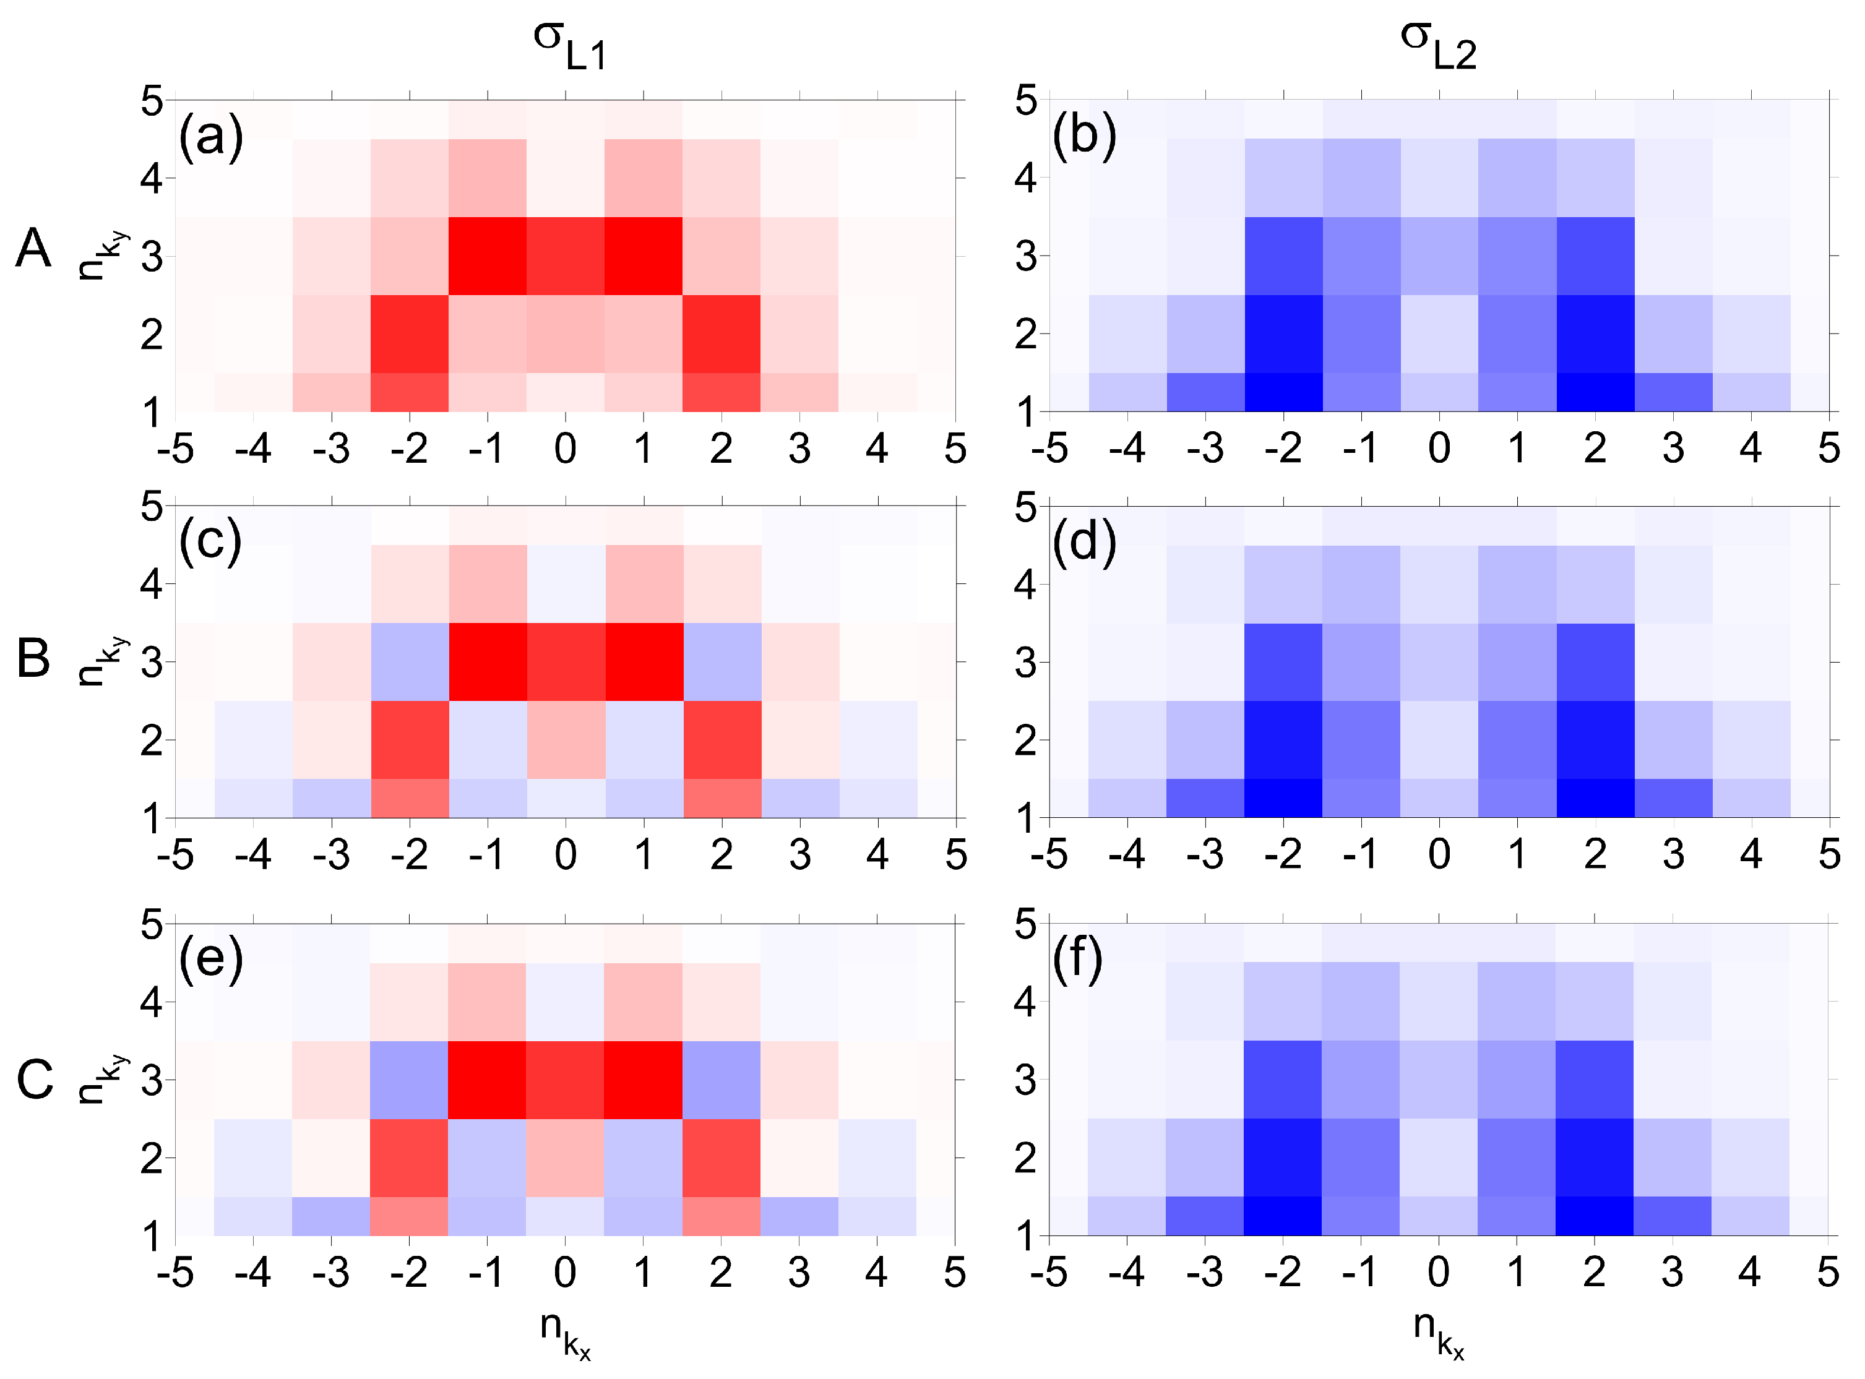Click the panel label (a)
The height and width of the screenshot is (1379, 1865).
click(210, 135)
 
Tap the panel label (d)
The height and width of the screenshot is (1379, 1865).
click(1083, 543)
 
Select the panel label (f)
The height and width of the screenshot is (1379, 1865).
click(1077, 960)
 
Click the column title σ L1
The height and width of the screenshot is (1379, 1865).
click(570, 45)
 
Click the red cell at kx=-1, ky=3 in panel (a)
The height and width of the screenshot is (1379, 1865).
click(488, 256)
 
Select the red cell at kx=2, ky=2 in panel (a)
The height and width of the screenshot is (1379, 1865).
click(721, 334)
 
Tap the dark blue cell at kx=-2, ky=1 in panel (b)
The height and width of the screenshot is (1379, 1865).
click(1283, 392)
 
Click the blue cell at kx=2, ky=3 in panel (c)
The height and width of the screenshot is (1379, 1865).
click(722, 662)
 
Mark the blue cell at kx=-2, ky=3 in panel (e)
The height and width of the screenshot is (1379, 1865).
click(409, 1080)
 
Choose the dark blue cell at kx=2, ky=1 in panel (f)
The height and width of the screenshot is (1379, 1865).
click(1594, 1216)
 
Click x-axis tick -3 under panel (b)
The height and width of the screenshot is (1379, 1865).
click(1205, 449)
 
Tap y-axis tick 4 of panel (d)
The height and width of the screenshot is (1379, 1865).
click(1025, 584)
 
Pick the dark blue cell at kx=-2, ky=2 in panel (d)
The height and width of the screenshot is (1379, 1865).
click(1283, 739)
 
